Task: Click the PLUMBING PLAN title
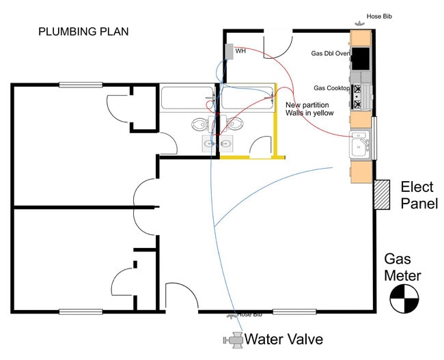(x=83, y=31)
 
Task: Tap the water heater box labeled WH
(x=229, y=52)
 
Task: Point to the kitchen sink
(x=360, y=144)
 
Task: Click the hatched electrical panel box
(x=382, y=195)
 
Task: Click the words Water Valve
(x=283, y=339)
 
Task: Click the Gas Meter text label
(x=402, y=268)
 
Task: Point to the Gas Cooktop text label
(x=331, y=88)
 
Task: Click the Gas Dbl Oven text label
(x=331, y=53)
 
